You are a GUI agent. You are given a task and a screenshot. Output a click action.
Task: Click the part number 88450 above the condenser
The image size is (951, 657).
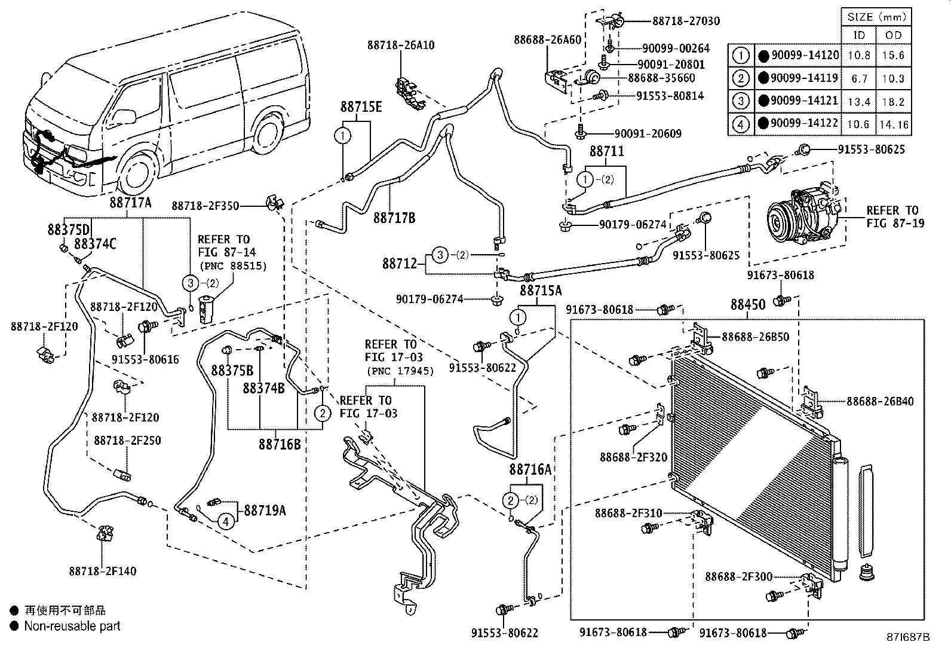click(x=747, y=305)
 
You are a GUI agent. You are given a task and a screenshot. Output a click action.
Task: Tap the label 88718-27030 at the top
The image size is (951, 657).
click(x=686, y=21)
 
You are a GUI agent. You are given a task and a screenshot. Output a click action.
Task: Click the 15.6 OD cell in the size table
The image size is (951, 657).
click(x=893, y=55)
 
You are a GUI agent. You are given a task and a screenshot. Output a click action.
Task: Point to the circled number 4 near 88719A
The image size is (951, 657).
click(x=225, y=521)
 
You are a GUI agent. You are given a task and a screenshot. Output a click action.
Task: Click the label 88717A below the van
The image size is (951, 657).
click(x=130, y=203)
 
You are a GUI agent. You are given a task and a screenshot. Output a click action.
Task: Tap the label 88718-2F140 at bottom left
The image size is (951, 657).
click(x=103, y=571)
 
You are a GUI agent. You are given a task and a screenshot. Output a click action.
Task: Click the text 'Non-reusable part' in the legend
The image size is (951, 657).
click(x=72, y=626)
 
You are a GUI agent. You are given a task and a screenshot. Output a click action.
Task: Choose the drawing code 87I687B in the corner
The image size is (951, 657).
click(x=909, y=637)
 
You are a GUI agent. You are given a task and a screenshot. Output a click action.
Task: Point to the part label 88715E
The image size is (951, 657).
click(x=361, y=108)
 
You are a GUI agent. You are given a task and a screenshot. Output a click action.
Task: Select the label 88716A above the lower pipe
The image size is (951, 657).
click(x=530, y=469)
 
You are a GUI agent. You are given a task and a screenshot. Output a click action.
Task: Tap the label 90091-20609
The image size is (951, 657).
click(x=648, y=134)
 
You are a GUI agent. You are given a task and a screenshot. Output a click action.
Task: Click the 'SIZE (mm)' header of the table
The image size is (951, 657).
click(x=876, y=17)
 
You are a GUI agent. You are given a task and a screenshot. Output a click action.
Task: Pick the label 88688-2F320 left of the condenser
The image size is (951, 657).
click(x=633, y=457)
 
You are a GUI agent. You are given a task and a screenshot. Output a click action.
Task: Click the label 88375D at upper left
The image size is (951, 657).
click(x=69, y=230)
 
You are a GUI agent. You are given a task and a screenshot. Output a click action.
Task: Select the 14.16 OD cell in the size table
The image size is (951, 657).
click(x=893, y=125)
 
